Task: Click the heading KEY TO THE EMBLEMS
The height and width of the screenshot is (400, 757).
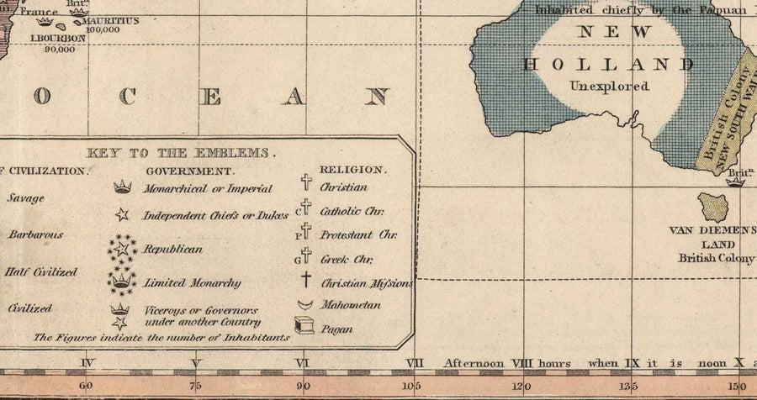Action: (x=182, y=153)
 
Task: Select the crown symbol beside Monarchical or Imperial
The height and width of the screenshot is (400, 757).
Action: (x=123, y=187)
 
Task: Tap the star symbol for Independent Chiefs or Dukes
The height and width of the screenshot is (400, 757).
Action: (x=123, y=215)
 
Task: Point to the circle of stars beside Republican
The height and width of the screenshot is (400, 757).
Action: (x=123, y=249)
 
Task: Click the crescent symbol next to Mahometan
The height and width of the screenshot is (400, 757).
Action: (x=304, y=304)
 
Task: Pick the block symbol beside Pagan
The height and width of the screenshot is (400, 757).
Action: (x=304, y=325)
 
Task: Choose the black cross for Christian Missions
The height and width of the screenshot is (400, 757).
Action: (x=305, y=282)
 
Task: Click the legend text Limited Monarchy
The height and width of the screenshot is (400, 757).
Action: (x=192, y=283)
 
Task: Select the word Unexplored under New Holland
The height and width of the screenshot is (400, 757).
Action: (x=609, y=86)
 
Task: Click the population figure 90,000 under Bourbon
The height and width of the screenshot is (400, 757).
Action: (x=61, y=49)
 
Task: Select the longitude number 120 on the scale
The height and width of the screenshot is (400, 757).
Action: (x=521, y=387)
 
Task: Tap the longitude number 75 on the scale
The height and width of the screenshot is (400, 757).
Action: (x=195, y=387)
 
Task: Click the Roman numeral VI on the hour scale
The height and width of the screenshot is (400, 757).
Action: (x=304, y=363)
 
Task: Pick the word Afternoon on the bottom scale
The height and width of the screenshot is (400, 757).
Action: (x=474, y=363)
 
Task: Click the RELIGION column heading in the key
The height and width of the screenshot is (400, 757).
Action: (x=352, y=170)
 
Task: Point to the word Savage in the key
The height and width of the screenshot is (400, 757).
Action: (x=25, y=198)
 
